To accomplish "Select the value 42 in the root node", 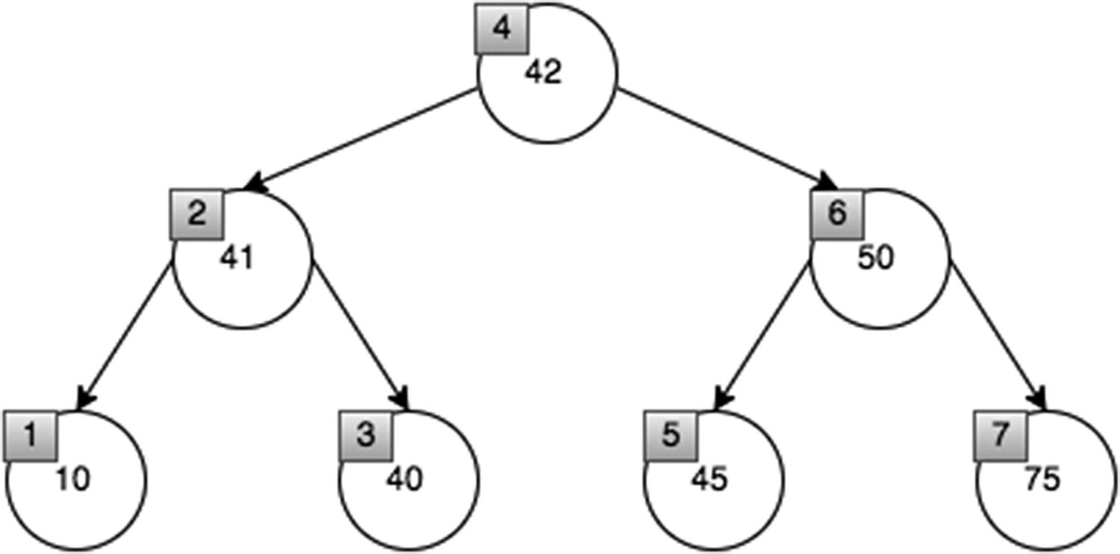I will click(543, 73).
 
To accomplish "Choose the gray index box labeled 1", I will click(30, 435).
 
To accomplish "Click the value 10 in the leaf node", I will click(72, 479).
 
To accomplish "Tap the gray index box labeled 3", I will click(366, 435).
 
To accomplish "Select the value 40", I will click(404, 479).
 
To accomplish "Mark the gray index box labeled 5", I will click(671, 435).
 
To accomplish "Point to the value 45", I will click(709, 479).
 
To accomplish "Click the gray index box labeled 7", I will click(1001, 435).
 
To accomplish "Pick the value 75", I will click(1042, 479).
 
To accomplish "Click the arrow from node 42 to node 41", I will click(363, 139).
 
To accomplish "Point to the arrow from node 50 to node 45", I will click(762, 334).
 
